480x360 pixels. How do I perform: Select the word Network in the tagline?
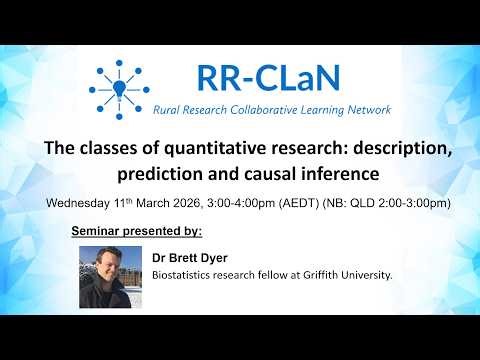(365, 109)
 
